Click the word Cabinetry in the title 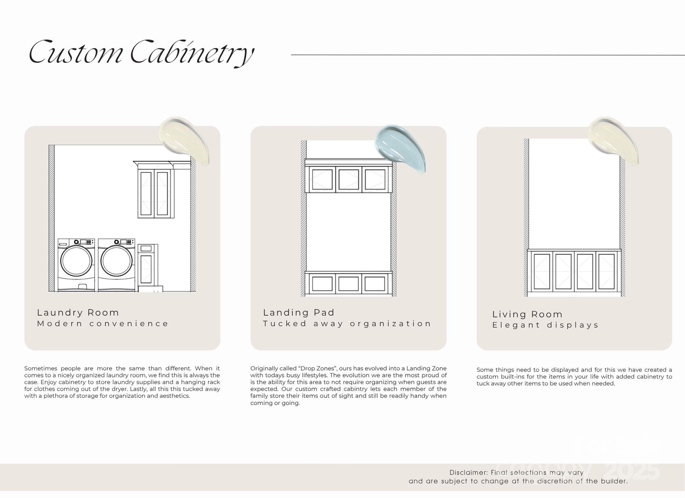coord(192,53)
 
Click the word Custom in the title coord(76,52)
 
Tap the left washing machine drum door coord(76,261)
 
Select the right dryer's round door coord(117,261)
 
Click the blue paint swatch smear coord(400,148)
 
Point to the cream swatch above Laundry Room coord(184,140)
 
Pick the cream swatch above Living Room coord(613,140)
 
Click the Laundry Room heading coord(78,313)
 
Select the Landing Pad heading coord(299,313)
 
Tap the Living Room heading coord(527,314)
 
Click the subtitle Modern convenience coord(103,324)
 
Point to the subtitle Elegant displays coord(545,325)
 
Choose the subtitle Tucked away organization coord(347,324)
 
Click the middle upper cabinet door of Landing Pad coord(349,179)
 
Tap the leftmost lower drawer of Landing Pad coord(322,283)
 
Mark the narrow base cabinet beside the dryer coord(147,267)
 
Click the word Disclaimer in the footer coord(469,473)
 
